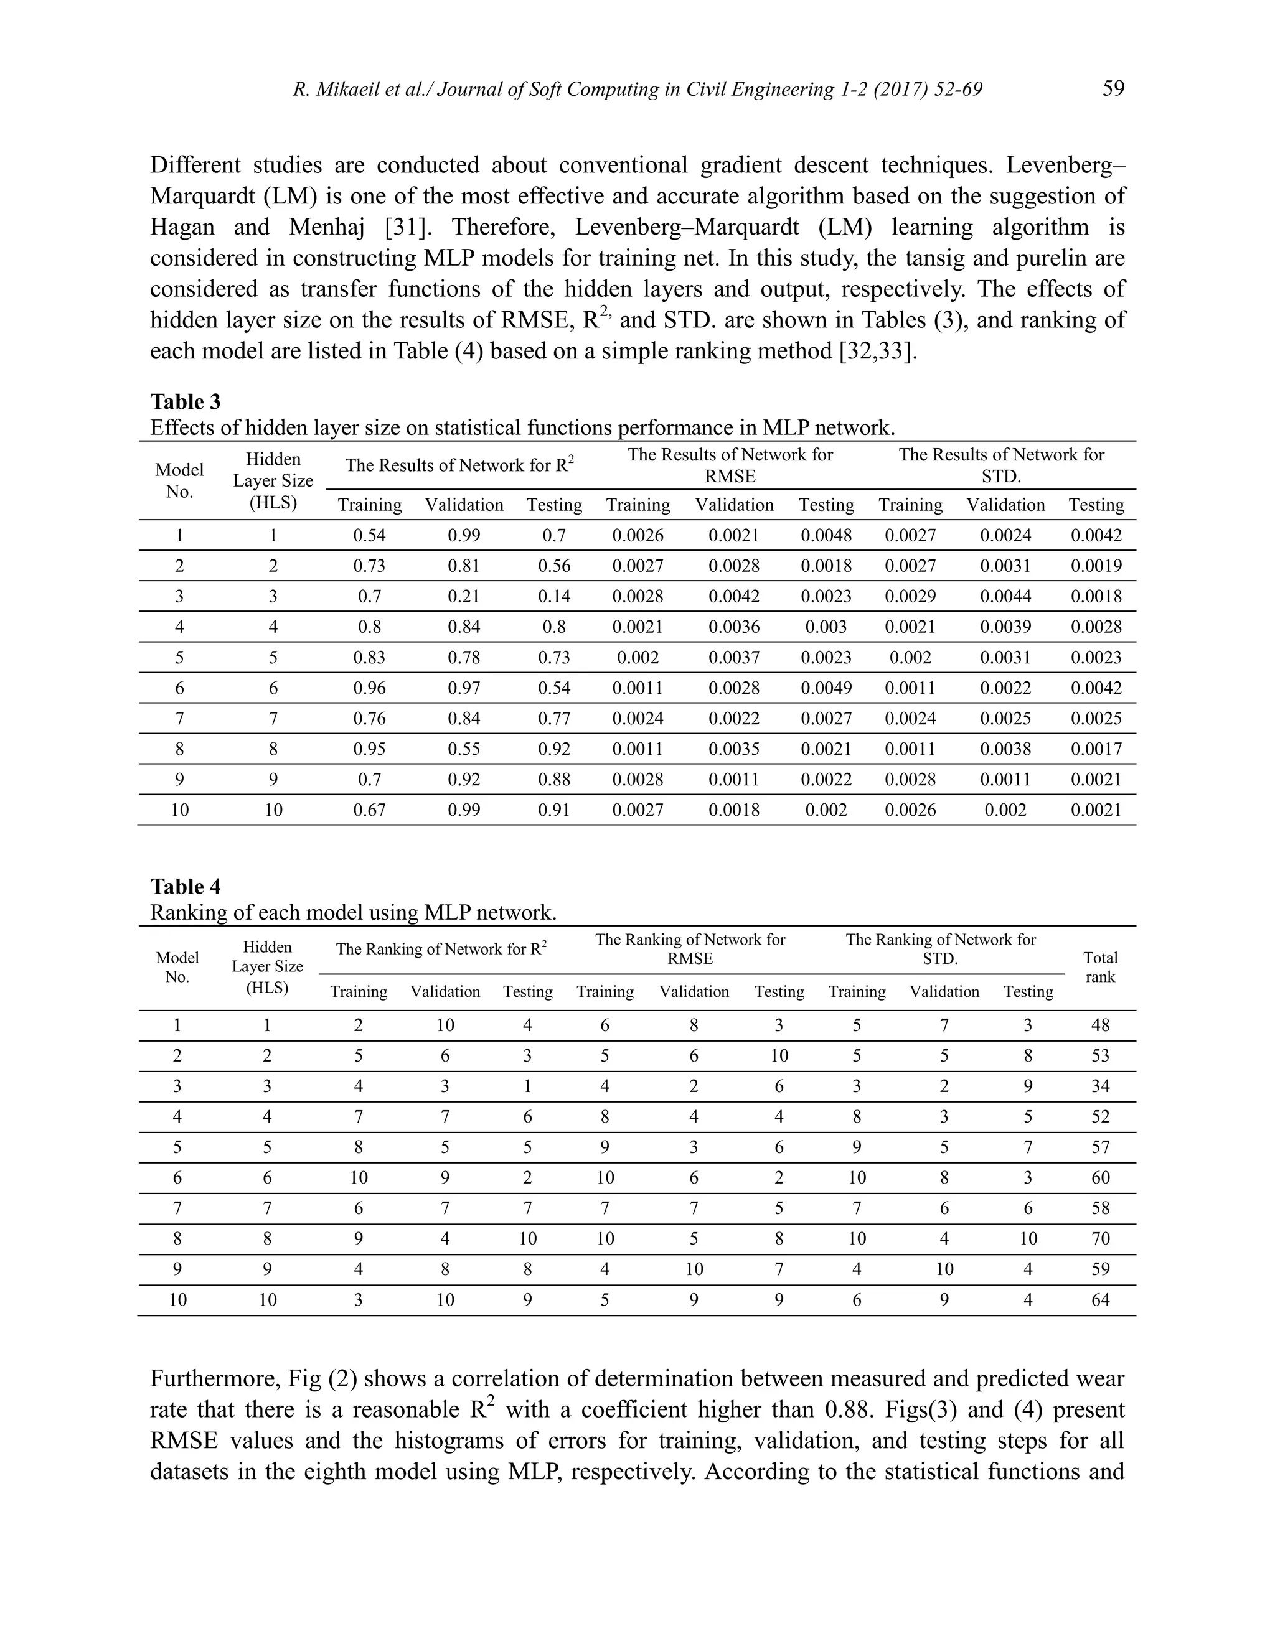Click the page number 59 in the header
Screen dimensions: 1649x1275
click(x=1113, y=89)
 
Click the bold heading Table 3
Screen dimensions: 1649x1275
click(x=185, y=402)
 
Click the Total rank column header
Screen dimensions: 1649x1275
click(x=1100, y=967)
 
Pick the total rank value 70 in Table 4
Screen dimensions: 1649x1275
click(x=1100, y=1239)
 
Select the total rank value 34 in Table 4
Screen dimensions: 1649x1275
click(x=1100, y=1086)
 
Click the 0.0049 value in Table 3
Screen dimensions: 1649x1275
click(x=826, y=688)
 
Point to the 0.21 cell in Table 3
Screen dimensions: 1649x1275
click(x=464, y=597)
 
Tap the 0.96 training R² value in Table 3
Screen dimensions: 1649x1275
click(x=369, y=688)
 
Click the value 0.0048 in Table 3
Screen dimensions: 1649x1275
click(x=826, y=536)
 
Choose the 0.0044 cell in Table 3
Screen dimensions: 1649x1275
click(x=1005, y=597)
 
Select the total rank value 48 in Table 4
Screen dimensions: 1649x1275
click(x=1100, y=1025)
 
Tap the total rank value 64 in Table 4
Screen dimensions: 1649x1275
click(x=1100, y=1300)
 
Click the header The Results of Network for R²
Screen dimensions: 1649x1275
click(x=459, y=465)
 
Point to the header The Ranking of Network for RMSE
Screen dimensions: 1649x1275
click(x=690, y=949)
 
